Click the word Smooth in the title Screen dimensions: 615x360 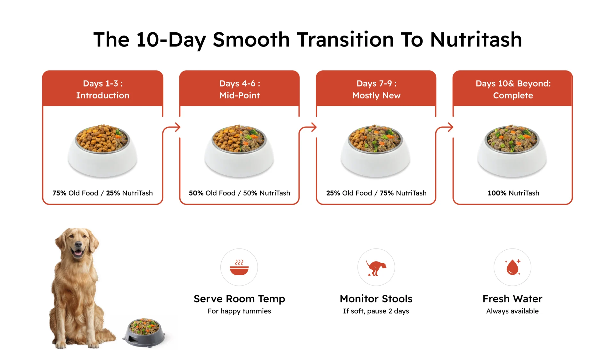click(251, 39)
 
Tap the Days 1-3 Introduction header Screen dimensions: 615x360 click(102, 89)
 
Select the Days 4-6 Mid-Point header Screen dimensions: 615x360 click(240, 89)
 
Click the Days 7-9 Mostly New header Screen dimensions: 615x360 click(376, 89)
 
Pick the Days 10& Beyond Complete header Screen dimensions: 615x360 click(513, 89)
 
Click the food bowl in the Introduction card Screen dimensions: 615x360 click(102, 151)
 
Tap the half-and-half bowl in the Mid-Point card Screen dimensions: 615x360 click(239, 151)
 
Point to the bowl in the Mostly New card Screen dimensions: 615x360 click(375, 151)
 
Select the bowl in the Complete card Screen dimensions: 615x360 click(512, 151)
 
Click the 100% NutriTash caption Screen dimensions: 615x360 click(513, 193)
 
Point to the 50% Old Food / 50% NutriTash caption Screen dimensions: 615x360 click(240, 193)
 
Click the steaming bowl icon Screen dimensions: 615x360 click(239, 267)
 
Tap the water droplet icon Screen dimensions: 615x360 click(512, 267)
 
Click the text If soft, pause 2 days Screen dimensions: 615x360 click(376, 311)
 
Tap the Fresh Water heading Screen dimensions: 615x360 click(512, 299)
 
